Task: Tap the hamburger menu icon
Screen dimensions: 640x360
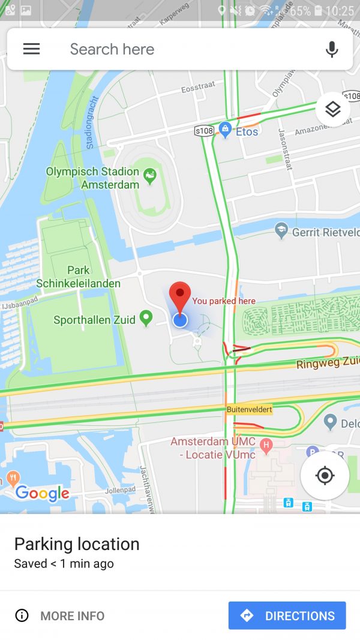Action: click(31, 49)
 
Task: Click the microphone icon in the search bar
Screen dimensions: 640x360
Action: click(332, 49)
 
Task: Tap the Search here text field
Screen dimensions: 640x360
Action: click(180, 49)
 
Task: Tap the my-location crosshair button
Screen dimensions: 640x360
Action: click(325, 476)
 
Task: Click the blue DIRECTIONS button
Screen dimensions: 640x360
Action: click(287, 615)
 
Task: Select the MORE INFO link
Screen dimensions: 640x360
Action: click(60, 615)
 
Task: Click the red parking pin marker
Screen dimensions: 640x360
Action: click(179, 295)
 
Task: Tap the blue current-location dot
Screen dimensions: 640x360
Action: click(180, 320)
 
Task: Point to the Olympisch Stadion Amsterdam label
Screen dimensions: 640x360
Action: click(93, 178)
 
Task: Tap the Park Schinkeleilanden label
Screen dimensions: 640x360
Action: click(78, 277)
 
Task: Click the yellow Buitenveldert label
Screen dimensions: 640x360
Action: click(249, 410)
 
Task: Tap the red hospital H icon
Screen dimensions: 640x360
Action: click(267, 446)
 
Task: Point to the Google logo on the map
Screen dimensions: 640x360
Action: click(42, 493)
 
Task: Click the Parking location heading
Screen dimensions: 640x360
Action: click(77, 544)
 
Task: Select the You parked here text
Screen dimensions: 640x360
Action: click(224, 301)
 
